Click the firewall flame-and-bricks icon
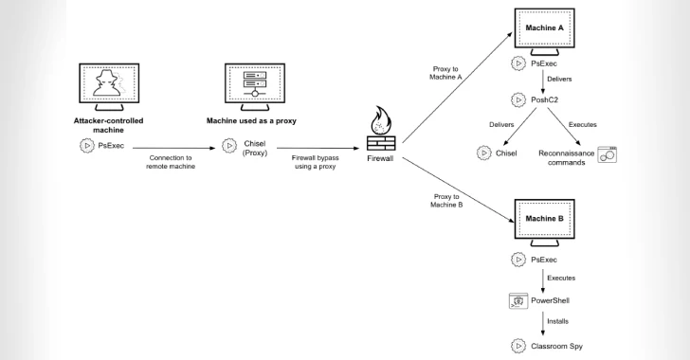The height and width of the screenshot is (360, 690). coord(383,132)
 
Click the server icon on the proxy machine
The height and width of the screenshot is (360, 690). coord(253,83)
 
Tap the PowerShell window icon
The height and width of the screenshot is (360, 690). coord(518,301)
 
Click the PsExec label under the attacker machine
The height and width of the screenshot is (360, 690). coord(114,145)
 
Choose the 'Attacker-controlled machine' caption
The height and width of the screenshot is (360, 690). coord(109,126)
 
